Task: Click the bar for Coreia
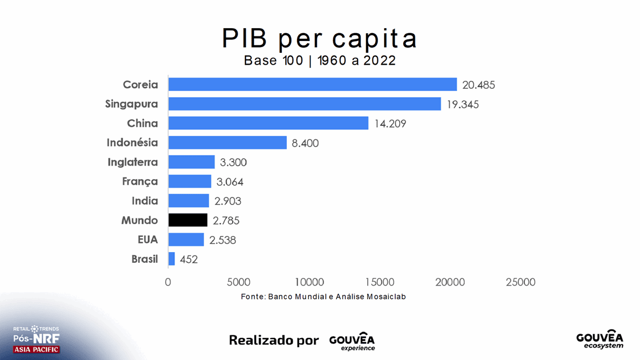pyautogui.click(x=312, y=84)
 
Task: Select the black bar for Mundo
pyautogui.click(x=188, y=220)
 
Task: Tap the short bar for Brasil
pyautogui.click(x=171, y=259)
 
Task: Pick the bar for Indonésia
pyautogui.click(x=227, y=143)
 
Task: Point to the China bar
pyautogui.click(x=268, y=123)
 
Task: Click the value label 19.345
pyautogui.click(x=463, y=104)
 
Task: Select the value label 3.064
pyautogui.click(x=231, y=182)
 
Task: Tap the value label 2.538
pyautogui.click(x=222, y=240)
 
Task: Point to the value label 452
pyautogui.click(x=189, y=259)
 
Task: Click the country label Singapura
pyautogui.click(x=131, y=104)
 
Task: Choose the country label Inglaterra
pyautogui.click(x=132, y=162)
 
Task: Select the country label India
pyautogui.click(x=144, y=201)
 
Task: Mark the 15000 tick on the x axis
pyautogui.click(x=380, y=282)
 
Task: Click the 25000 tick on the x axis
pyautogui.click(x=521, y=282)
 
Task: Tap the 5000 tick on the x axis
pyautogui.click(x=239, y=282)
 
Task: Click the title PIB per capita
pyautogui.click(x=319, y=38)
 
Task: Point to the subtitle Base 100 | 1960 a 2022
pyautogui.click(x=319, y=61)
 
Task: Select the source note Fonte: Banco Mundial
pyautogui.click(x=323, y=297)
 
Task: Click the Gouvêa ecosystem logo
pyautogui.click(x=600, y=339)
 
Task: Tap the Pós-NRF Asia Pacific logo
pyautogui.click(x=36, y=339)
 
